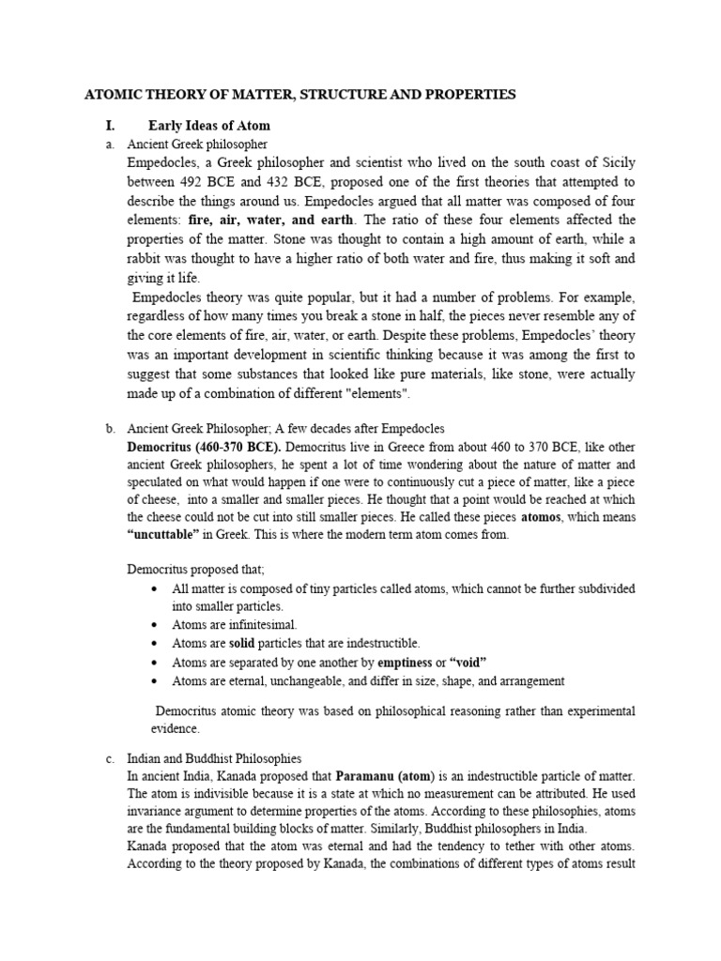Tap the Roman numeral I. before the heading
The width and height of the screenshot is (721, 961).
(x=109, y=126)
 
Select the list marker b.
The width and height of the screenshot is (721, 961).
(x=108, y=429)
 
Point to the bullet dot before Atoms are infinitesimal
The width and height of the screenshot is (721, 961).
(x=154, y=624)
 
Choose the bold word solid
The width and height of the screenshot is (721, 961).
(x=242, y=643)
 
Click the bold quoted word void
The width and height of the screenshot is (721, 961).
(x=468, y=662)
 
